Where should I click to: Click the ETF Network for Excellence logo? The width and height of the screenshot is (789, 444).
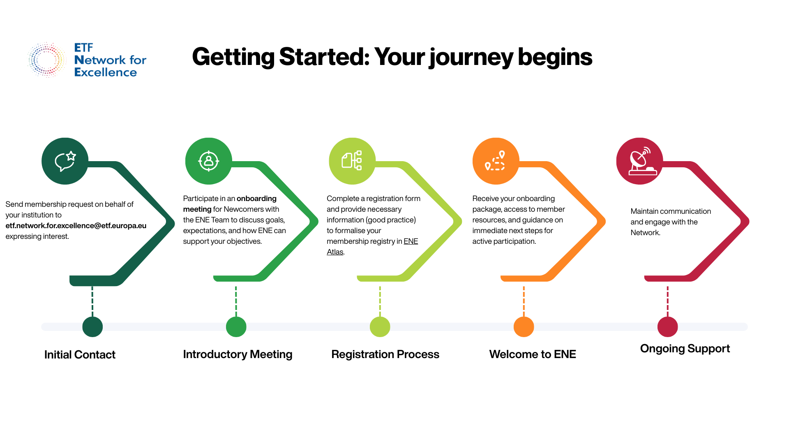point(87,60)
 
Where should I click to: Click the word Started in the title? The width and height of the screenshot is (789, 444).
point(324,57)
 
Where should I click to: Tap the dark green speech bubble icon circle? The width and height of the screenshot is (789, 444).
point(65,161)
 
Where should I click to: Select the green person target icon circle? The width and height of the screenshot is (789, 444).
point(209,161)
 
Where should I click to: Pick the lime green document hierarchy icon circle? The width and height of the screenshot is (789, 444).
point(352,161)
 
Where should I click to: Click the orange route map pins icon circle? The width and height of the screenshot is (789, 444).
point(496,161)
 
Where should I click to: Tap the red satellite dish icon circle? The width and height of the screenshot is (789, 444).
point(640,161)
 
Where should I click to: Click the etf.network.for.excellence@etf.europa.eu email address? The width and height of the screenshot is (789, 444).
point(76,226)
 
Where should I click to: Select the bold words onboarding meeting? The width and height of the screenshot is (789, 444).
point(230,204)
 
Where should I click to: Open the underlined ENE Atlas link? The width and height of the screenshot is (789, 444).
point(372,247)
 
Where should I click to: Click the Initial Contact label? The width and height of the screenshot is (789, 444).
point(80,355)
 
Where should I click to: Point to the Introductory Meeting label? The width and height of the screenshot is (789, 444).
point(238,354)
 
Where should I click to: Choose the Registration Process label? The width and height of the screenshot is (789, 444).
point(385,354)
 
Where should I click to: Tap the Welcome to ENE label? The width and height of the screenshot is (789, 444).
point(533,354)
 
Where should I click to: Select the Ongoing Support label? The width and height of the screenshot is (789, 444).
point(685,349)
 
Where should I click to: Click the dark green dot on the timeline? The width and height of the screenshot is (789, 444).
point(92,327)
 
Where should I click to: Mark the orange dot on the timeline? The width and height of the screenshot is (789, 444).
point(524,327)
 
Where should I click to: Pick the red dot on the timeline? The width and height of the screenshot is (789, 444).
point(668,327)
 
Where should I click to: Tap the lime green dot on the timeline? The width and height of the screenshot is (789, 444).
point(380,327)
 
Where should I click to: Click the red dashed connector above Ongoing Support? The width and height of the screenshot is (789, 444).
point(668,301)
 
